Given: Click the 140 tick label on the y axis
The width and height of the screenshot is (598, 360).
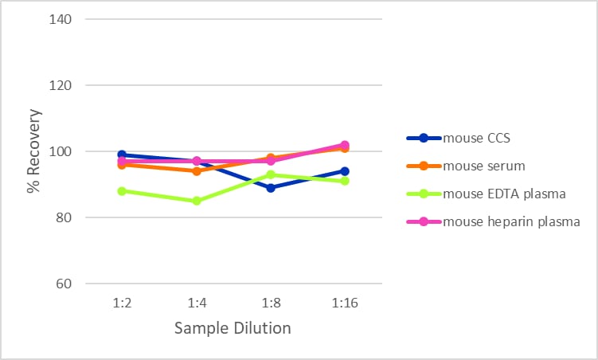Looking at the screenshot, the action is click(61, 19).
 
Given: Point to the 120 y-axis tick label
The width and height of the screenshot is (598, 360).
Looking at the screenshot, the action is click(61, 85).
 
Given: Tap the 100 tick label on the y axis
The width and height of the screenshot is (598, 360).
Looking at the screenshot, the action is click(61, 151).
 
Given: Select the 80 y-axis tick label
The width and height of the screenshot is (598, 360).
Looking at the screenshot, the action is click(64, 217).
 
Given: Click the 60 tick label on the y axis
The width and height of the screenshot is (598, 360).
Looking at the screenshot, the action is click(64, 284).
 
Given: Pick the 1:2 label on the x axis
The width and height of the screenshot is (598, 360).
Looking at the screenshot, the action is click(122, 303).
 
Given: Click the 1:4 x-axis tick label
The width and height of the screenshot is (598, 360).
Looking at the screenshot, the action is click(197, 303).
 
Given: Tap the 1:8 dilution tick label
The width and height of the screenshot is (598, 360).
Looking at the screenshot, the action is click(271, 303).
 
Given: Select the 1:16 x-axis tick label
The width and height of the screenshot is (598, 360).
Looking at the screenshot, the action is click(345, 303).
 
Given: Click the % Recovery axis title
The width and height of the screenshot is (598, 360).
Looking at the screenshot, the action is click(34, 151).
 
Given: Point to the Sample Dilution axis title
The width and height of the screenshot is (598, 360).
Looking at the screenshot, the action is click(233, 328).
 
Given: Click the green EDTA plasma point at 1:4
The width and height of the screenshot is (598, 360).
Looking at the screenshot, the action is click(197, 201).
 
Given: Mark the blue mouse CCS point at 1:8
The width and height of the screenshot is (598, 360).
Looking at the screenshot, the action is click(271, 188).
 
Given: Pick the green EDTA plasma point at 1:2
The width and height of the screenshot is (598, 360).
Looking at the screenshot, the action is click(122, 191).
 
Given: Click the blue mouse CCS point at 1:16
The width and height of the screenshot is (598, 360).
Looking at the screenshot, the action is click(345, 171).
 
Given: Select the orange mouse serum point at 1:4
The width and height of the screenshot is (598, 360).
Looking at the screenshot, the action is click(197, 171).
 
